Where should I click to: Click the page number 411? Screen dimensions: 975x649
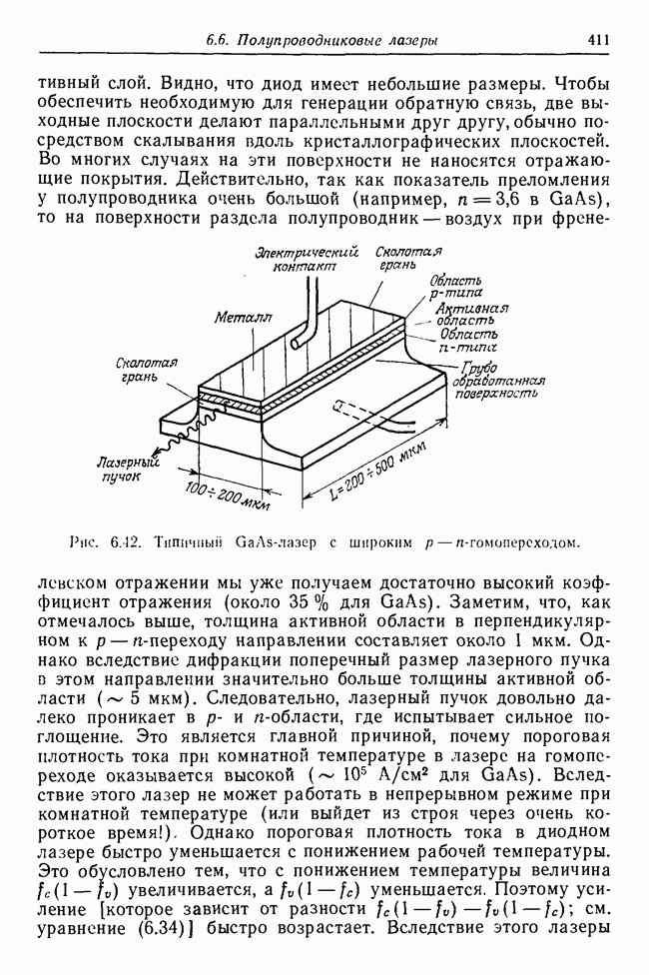point(599,40)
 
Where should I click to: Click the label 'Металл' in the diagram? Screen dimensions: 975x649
point(236,317)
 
